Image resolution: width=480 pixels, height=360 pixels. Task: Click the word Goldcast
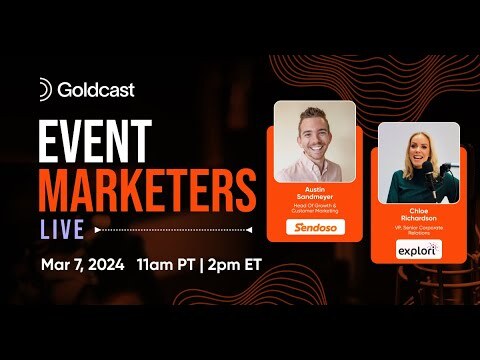tap(95, 90)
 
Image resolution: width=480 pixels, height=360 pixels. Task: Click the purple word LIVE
tap(62, 229)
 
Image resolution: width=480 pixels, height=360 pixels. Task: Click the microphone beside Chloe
tap(449, 166)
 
